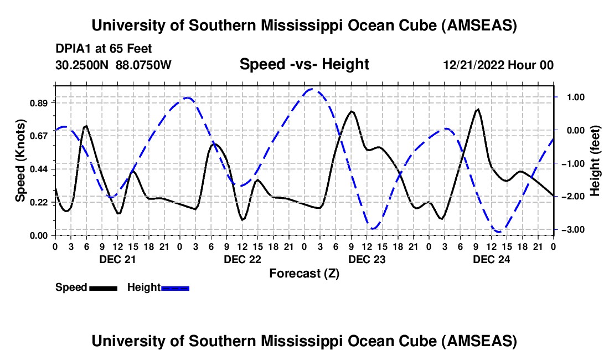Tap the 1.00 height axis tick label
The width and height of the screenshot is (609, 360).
coord(572,97)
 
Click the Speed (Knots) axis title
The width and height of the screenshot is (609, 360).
coord(20,161)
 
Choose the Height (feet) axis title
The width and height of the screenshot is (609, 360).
coord(595,161)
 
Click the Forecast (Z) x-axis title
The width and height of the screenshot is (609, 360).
coord(304,273)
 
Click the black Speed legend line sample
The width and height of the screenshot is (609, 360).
coord(103,288)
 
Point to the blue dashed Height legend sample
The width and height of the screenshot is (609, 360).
coord(176,288)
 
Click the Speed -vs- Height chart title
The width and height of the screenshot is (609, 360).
coord(304,65)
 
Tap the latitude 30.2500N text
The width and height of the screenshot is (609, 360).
coord(83,65)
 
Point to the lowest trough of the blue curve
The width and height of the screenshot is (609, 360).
coord(498,232)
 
